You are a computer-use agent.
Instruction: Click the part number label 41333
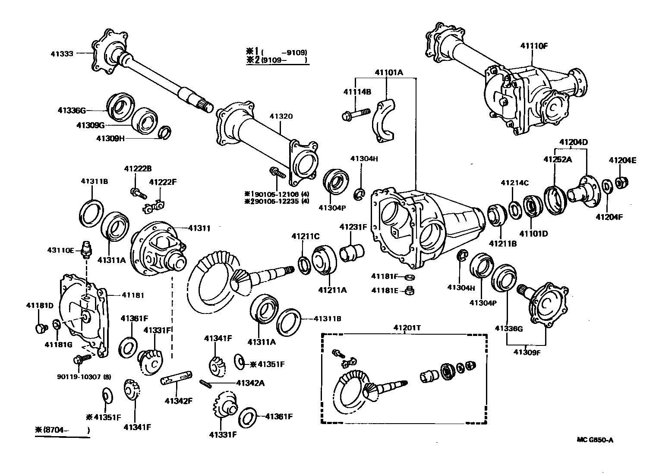pos(62,54)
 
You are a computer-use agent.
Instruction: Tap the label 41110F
pos(533,45)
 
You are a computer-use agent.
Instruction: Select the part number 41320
pos(281,116)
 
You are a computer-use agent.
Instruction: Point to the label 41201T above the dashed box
pos(407,328)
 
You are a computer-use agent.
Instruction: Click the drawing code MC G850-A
pos(595,440)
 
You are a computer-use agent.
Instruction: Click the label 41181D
pos(40,305)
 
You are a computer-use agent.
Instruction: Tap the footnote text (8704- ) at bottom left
pos(63,430)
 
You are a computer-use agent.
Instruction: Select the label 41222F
pos(163,182)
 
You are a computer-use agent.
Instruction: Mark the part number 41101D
pos(533,234)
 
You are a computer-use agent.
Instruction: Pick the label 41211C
pos(305,236)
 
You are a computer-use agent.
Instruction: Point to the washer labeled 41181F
pos(410,277)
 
